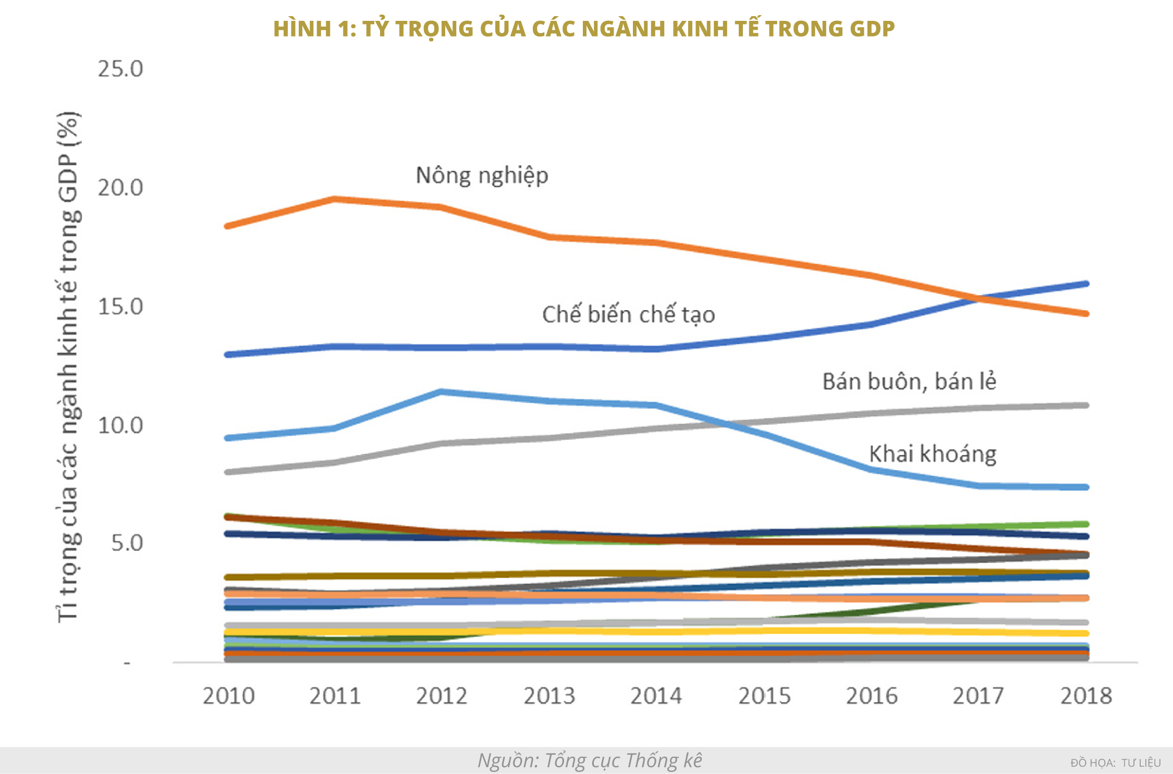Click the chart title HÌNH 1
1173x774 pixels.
(584, 29)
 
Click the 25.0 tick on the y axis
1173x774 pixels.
(120, 69)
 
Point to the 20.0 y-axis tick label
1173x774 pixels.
(120, 188)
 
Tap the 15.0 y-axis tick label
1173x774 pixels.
(120, 306)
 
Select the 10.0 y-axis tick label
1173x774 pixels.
(120, 425)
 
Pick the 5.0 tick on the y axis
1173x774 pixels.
(127, 543)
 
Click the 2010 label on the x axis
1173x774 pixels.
(228, 696)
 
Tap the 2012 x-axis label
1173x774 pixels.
(442, 696)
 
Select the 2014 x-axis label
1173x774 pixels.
(656, 696)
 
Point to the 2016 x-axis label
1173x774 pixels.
(872, 696)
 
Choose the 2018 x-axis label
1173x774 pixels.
(1086, 696)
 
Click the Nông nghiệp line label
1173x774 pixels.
(482, 176)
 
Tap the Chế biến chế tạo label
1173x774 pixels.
(628, 315)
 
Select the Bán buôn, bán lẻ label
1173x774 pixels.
(909, 382)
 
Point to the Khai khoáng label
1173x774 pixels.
(933, 454)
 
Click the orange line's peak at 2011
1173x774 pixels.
(335, 199)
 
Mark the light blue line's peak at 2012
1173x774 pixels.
(442, 391)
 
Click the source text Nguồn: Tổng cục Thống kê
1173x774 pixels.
(590, 760)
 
